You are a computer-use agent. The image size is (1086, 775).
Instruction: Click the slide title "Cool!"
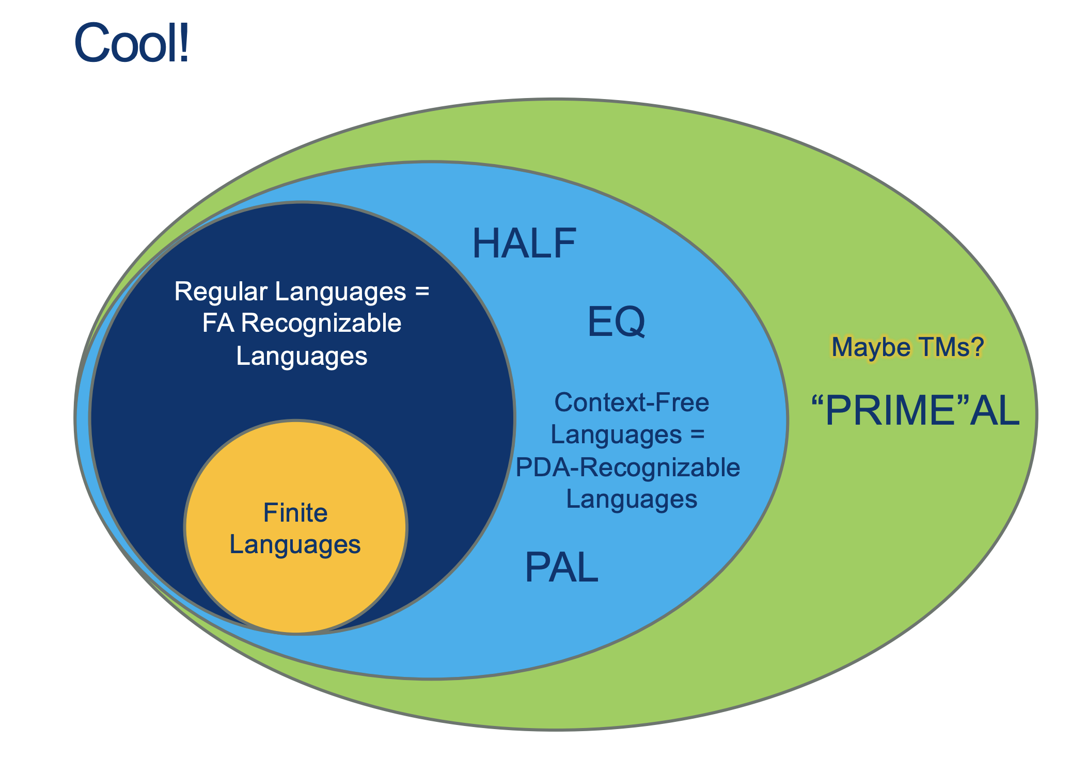tap(132, 43)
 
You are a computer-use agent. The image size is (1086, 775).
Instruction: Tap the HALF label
tap(524, 244)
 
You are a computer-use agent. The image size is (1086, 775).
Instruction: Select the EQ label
tap(616, 321)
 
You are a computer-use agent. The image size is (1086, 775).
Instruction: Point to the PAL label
tap(561, 568)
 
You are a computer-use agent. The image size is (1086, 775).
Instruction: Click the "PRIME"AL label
tap(915, 411)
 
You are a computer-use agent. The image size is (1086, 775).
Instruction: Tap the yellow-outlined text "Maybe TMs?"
tap(907, 347)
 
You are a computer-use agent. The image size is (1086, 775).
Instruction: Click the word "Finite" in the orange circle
tap(295, 513)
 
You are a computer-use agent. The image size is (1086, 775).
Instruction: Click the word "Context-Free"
tap(632, 402)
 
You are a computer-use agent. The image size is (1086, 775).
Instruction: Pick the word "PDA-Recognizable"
tap(628, 467)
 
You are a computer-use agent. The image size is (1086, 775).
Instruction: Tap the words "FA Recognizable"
tap(302, 324)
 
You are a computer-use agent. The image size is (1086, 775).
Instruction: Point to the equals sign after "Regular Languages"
tap(422, 292)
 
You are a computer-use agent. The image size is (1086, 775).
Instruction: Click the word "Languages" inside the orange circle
tap(295, 545)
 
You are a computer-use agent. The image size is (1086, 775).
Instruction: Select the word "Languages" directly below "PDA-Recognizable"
tap(632, 499)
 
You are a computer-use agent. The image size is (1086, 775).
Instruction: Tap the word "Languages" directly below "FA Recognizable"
tap(302, 356)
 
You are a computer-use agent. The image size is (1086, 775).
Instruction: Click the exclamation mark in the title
tap(183, 43)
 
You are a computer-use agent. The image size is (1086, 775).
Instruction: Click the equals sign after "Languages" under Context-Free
tap(697, 434)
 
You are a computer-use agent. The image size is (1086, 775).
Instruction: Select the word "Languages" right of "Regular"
tap(340, 292)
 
